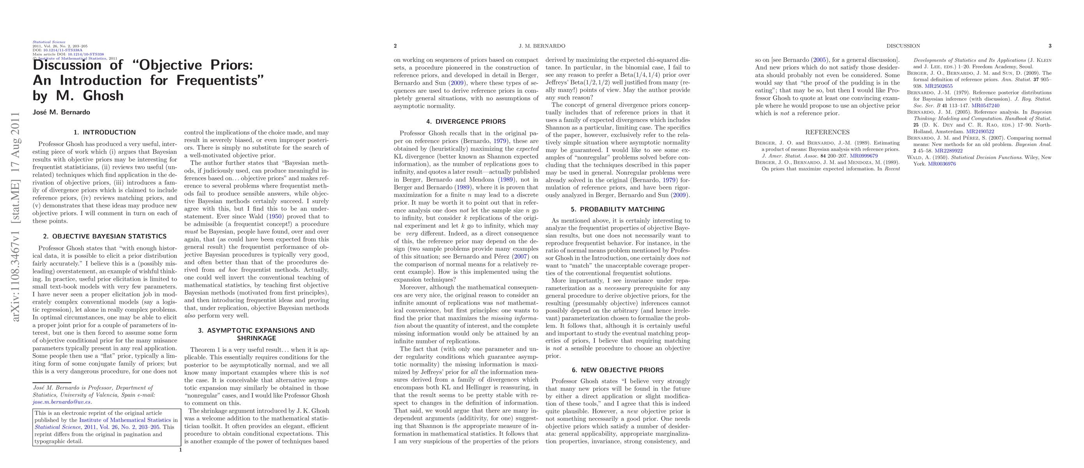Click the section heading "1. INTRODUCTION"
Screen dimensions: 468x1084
click(x=105, y=132)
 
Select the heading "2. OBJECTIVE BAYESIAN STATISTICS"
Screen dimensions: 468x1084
click(x=105, y=236)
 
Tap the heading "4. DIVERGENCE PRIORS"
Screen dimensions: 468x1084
click(x=466, y=122)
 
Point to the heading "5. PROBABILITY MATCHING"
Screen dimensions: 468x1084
click(x=618, y=209)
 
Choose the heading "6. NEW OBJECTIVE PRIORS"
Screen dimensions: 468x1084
click(x=618, y=370)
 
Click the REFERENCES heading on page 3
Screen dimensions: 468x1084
click(x=827, y=132)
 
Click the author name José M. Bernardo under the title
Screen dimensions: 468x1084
click(x=62, y=112)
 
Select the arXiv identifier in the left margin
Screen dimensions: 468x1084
click(x=16, y=217)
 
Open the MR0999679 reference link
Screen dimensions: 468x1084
click(x=864, y=156)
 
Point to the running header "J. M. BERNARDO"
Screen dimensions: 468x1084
click(x=542, y=46)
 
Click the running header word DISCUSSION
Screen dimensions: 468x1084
click(x=903, y=46)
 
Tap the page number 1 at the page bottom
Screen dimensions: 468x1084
click(x=180, y=450)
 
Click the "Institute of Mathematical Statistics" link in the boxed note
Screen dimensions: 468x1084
click(x=125, y=420)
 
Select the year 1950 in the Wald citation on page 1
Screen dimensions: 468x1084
click(x=275, y=217)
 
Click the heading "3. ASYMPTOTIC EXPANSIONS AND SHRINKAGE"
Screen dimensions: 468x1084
click(x=256, y=334)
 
